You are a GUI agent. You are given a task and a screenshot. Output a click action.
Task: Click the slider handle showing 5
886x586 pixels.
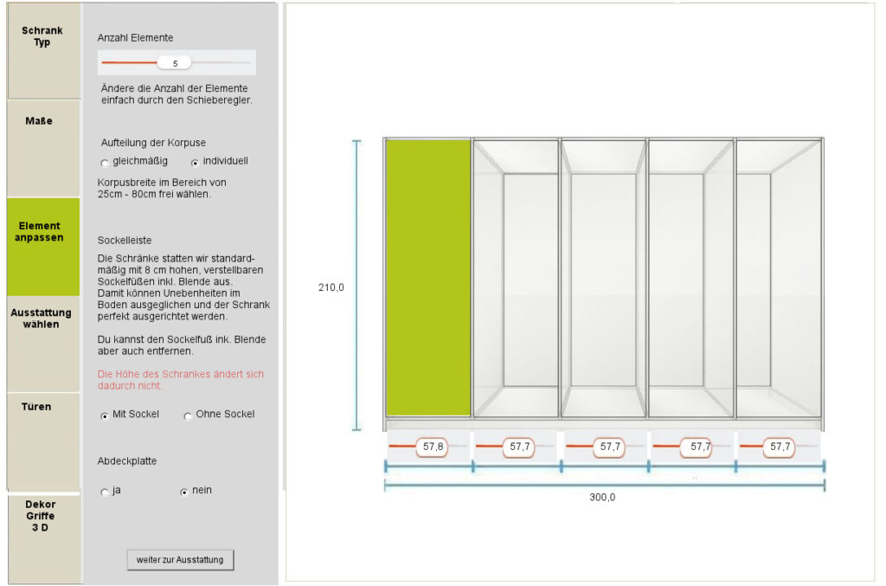174,62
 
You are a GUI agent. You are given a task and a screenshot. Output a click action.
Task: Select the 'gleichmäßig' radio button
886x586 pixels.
105,164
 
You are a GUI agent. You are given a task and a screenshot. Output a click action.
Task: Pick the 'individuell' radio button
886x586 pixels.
195,164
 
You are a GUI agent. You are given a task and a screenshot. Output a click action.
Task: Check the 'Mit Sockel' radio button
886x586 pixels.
105,415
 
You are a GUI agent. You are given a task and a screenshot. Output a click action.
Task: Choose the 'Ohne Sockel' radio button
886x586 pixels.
188,416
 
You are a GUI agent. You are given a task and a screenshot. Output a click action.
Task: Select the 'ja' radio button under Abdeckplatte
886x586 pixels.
105,493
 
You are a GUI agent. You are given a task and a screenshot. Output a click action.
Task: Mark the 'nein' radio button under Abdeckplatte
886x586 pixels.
183,493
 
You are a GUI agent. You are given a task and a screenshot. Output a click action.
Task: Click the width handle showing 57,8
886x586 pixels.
433,447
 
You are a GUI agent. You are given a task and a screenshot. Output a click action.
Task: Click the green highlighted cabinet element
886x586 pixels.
428,278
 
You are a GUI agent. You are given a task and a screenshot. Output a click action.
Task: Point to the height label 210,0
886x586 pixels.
331,287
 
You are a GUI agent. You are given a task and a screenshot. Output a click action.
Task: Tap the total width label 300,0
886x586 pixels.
602,498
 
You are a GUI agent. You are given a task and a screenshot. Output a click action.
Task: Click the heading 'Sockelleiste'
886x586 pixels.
125,240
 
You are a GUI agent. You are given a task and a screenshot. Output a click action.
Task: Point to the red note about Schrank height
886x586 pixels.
180,380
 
